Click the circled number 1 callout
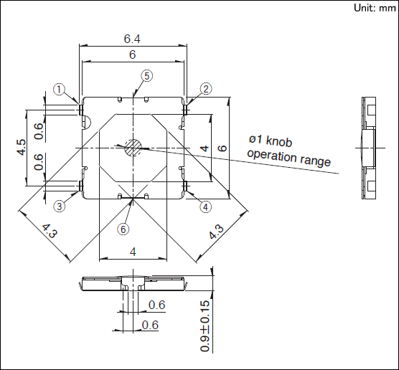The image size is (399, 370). [59, 90]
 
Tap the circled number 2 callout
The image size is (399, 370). [206, 89]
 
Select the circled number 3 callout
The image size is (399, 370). [60, 206]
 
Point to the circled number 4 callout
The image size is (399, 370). [206, 207]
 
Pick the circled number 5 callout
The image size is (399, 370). [147, 76]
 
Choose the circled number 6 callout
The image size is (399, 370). [123, 229]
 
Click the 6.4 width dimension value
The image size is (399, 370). [132, 39]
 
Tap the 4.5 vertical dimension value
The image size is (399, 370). [22, 147]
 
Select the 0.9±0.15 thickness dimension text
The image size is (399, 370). [205, 326]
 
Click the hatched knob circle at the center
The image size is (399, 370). [133, 148]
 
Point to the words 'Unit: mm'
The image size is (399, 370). [375, 8]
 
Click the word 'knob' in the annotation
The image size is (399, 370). [278, 141]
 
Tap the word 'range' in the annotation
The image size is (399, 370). [316, 161]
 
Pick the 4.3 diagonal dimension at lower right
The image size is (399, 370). [216, 232]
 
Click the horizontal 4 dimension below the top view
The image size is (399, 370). [133, 252]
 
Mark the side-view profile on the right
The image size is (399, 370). [368, 148]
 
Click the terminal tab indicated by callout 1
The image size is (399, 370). [81, 110]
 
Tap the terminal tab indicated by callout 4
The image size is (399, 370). [185, 186]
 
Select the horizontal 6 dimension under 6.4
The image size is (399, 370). [132, 54]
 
